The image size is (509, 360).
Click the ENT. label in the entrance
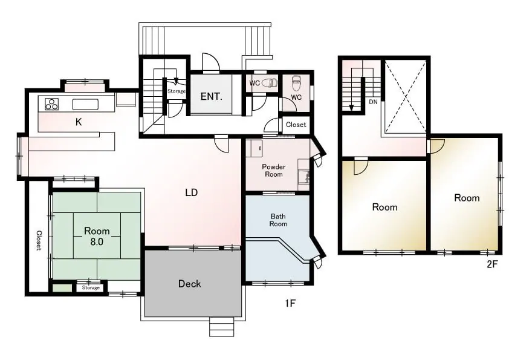point(212,96)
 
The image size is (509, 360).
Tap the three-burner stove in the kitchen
point(51,104)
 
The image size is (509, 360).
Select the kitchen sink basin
point(85,105)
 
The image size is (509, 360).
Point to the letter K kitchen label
point(79,122)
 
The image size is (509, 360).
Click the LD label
point(192,192)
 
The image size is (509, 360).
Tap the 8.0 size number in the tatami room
point(97,242)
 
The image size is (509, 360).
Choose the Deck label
point(190,284)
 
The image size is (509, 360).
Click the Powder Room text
point(274,171)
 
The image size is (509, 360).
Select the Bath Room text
point(278,220)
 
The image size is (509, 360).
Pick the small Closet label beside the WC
point(296,125)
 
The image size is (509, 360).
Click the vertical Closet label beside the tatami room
point(39,240)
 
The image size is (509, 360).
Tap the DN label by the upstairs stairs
point(374,102)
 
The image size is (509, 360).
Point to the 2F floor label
point(492,264)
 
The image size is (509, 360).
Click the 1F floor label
point(290,304)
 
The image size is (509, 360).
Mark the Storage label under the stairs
point(177,91)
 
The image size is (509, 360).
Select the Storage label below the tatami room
point(91,287)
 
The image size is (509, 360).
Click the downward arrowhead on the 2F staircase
point(351,108)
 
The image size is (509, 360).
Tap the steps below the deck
point(222,327)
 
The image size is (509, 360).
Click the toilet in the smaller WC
point(269,83)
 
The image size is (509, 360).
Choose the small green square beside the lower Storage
point(62,288)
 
